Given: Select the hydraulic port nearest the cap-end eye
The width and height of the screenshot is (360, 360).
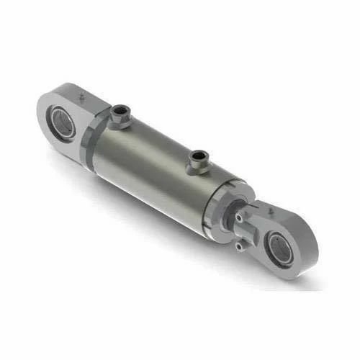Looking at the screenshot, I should coord(119,114).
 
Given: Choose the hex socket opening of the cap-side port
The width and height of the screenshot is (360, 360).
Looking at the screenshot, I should coord(120,109).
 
